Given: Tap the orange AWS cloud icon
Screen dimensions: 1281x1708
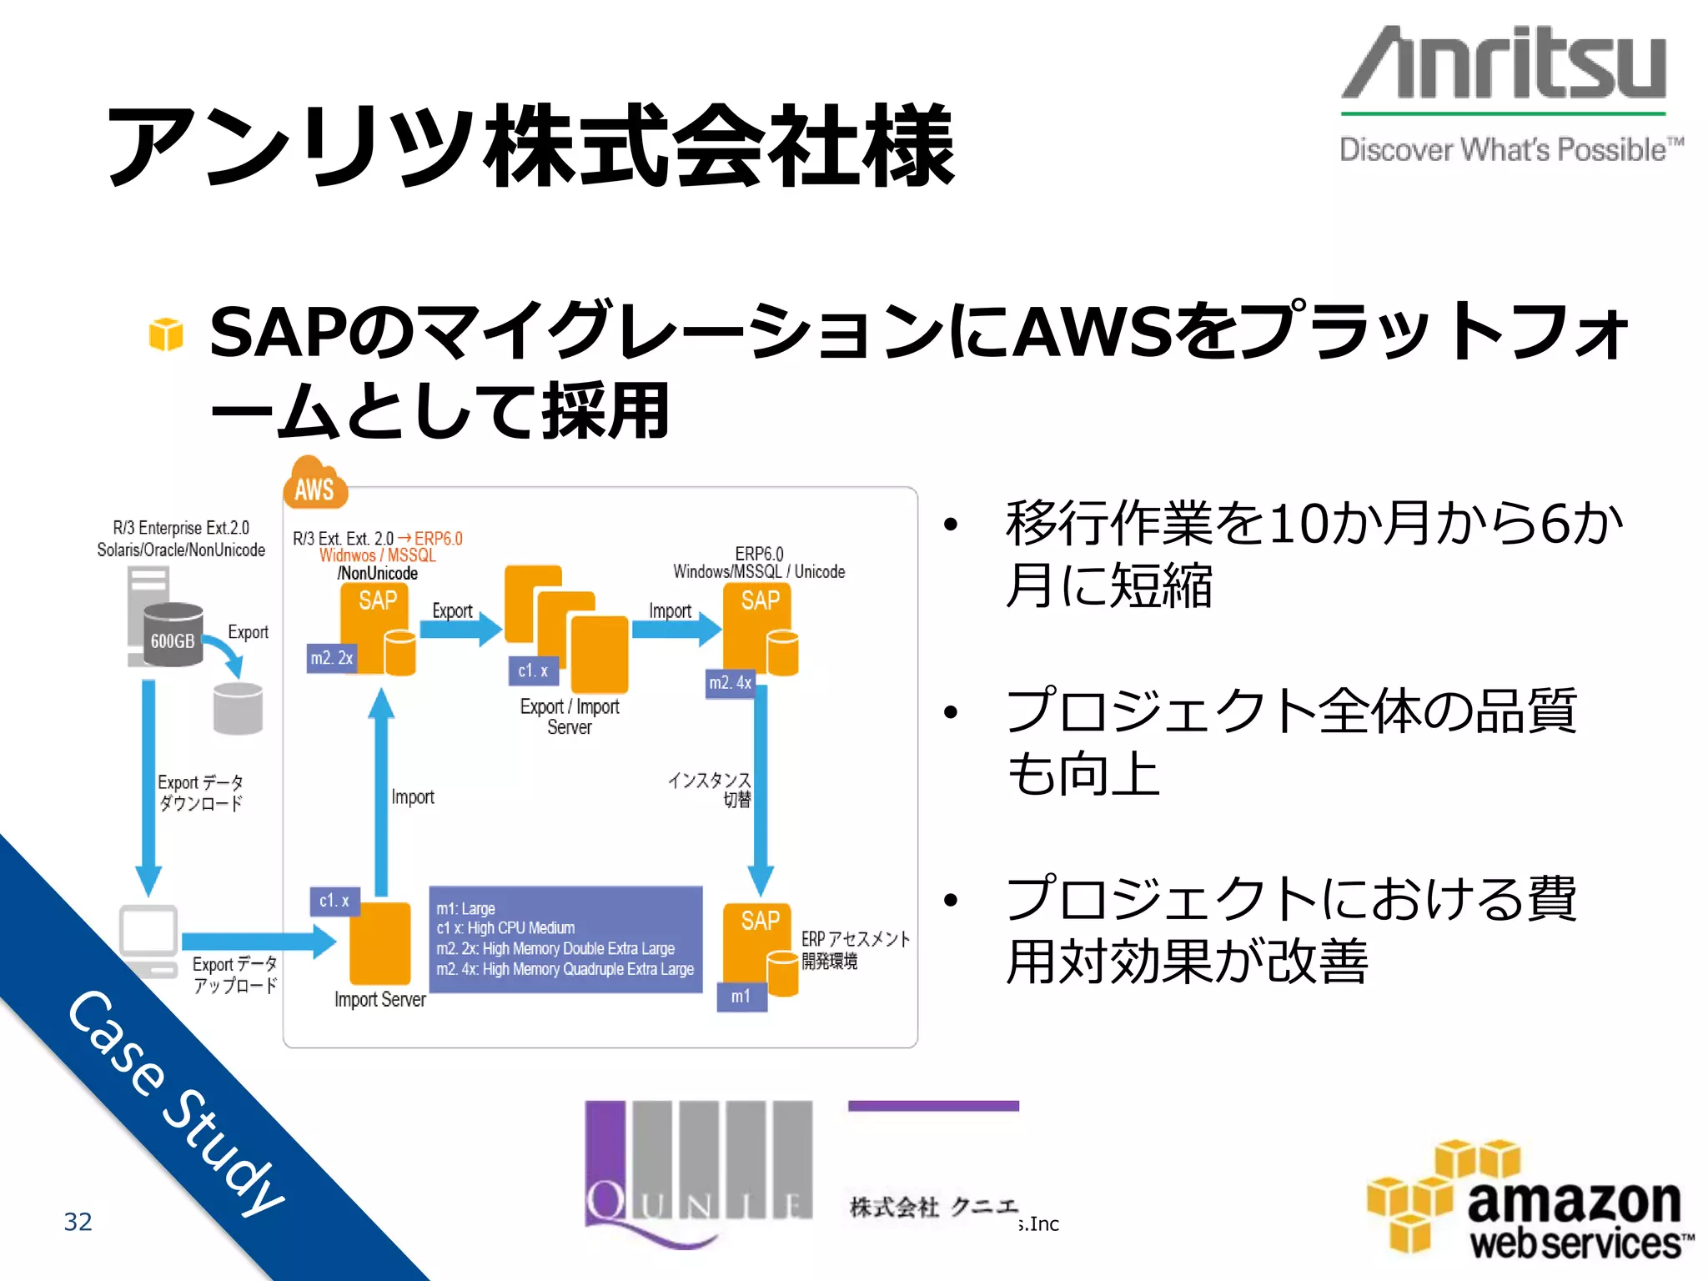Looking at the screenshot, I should tap(314, 485).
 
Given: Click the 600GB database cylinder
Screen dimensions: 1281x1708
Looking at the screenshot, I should tap(173, 635).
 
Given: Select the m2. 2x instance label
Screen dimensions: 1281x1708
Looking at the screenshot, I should tap(332, 658).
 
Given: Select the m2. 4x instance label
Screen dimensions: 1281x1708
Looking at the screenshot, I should tap(731, 683).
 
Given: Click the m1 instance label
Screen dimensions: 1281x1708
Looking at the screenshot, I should tap(741, 997).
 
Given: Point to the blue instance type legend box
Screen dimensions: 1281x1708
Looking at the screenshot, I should tap(565, 939).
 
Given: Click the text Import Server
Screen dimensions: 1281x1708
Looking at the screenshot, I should tap(379, 999).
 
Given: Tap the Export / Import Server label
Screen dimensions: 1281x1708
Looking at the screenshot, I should tap(570, 716).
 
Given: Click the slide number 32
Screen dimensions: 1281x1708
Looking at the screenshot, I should tap(78, 1222).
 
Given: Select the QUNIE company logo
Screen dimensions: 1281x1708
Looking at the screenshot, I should tap(698, 1172).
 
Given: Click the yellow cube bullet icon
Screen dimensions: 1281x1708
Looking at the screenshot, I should tap(166, 334).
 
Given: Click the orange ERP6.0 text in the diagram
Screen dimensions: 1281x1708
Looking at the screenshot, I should tap(439, 539).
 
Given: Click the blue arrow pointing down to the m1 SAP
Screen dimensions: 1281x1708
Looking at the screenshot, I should tap(761, 789).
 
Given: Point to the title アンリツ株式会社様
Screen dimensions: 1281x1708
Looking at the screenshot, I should tap(530, 147).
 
